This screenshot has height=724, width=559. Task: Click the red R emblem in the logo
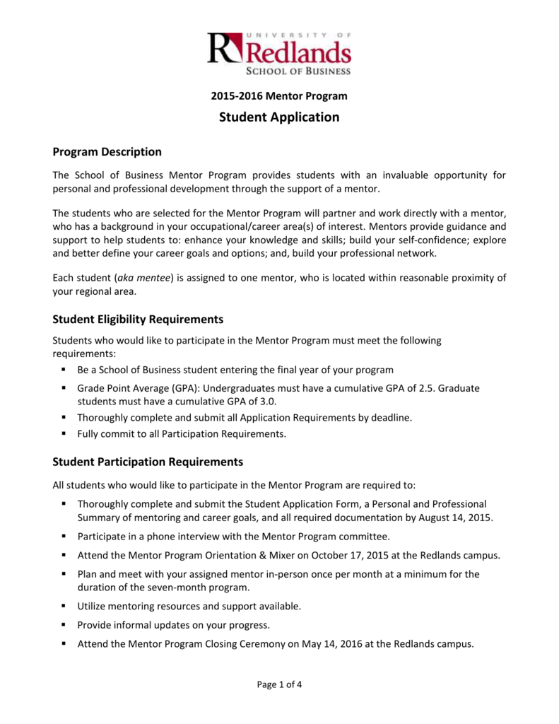(x=224, y=49)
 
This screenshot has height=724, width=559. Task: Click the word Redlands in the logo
(x=298, y=52)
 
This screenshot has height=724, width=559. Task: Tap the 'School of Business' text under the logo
(x=298, y=70)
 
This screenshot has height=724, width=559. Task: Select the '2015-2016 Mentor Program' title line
(x=279, y=95)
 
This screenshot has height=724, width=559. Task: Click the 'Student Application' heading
(x=279, y=117)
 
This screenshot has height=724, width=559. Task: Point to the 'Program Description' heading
(x=107, y=152)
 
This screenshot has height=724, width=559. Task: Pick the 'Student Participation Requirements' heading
(x=148, y=462)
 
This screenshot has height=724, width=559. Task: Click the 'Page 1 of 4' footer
(x=279, y=684)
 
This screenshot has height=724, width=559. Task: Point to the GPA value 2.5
(x=406, y=388)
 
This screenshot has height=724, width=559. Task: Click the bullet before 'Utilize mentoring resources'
(x=64, y=606)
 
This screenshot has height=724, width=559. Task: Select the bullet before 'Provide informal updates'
(x=64, y=625)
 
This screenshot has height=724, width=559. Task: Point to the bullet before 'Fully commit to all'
(x=64, y=434)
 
